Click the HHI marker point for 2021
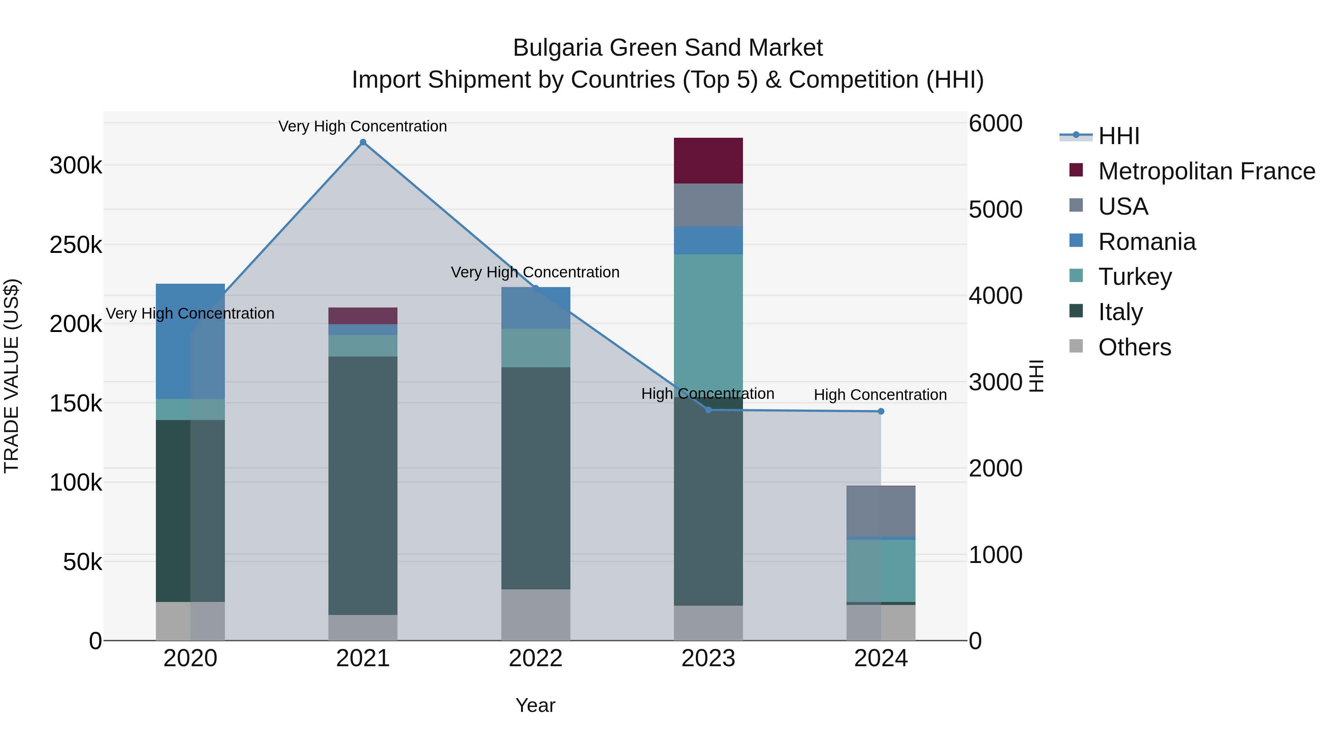tap(363, 142)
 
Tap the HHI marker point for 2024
tap(881, 411)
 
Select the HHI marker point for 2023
tap(708, 410)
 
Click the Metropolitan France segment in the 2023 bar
tap(708, 160)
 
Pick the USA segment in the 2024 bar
tap(881, 511)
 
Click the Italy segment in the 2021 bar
tap(363, 485)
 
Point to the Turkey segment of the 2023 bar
tap(708, 322)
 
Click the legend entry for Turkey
tap(1135, 277)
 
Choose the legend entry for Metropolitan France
tap(1206, 171)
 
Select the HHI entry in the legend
tap(1119, 136)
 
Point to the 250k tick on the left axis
tap(76, 245)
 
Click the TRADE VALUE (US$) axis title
tap(12, 376)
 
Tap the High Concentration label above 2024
tap(880, 395)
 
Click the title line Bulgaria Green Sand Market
tap(668, 48)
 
